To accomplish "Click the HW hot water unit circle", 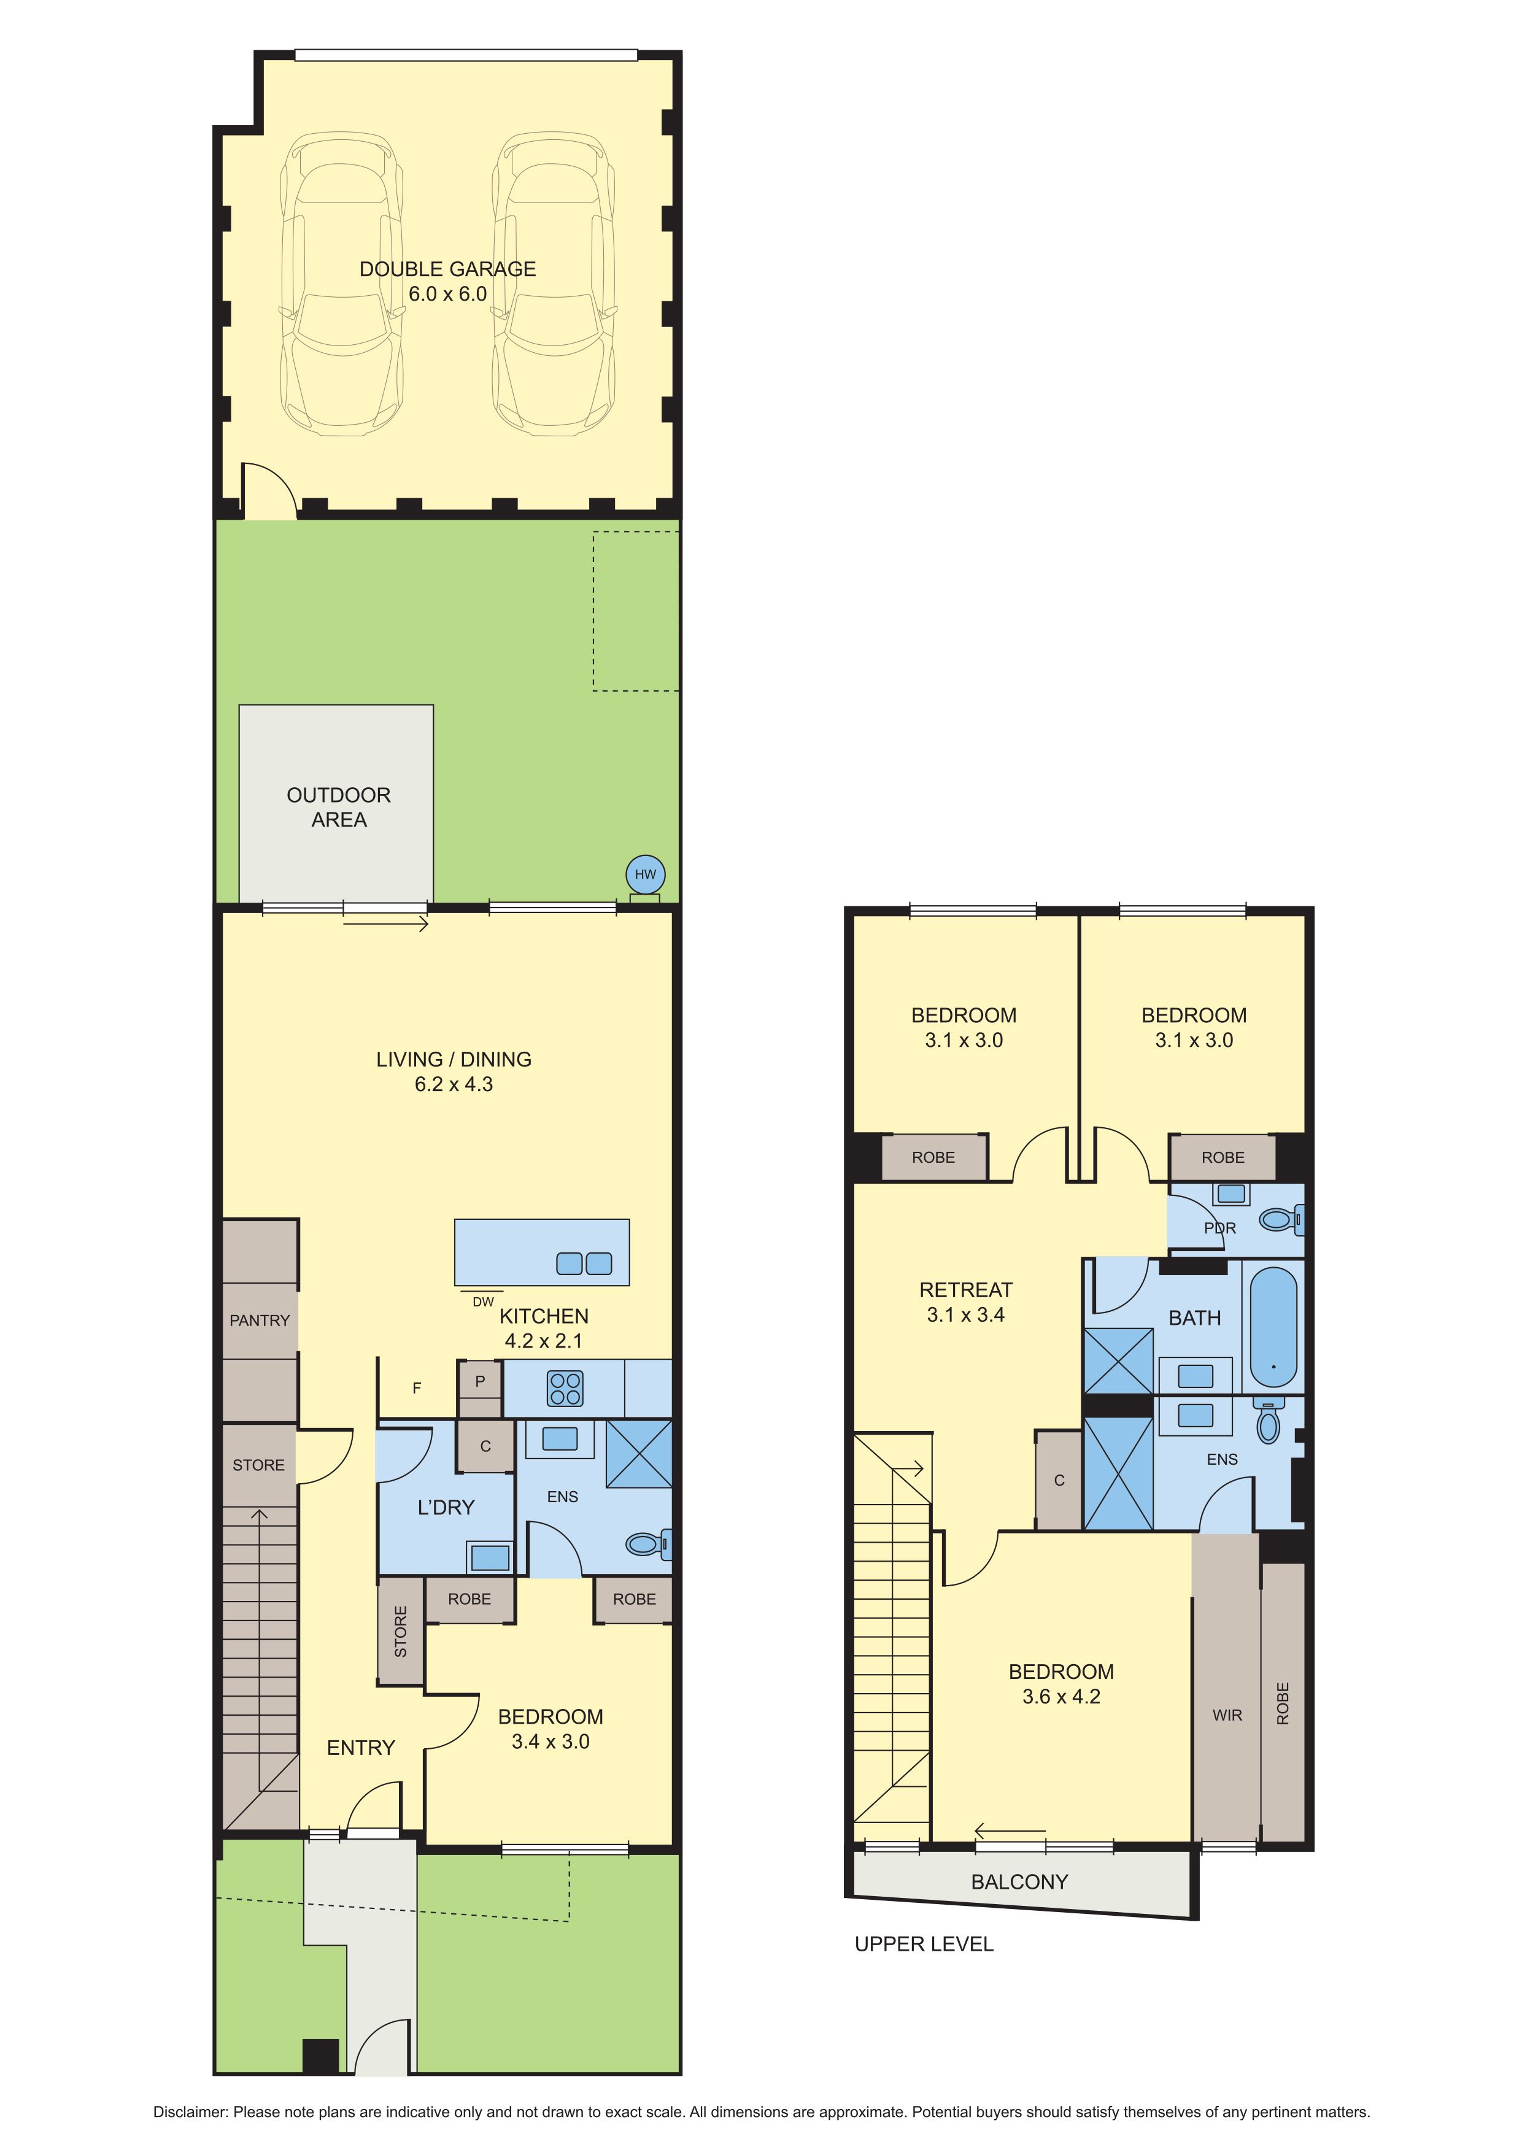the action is pos(646,874).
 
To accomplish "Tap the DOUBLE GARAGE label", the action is pos(448,269).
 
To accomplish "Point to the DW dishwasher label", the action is pos(482,1302).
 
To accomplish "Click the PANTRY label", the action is pos(260,1321).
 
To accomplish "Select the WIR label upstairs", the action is pos(1227,1715).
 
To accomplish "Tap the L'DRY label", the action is pos(446,1507).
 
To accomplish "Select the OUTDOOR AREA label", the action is pos(338,807).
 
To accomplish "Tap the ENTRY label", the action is pos(361,1747).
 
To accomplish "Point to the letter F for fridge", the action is pos(417,1388).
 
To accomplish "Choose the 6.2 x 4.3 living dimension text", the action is pos(454,1084).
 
